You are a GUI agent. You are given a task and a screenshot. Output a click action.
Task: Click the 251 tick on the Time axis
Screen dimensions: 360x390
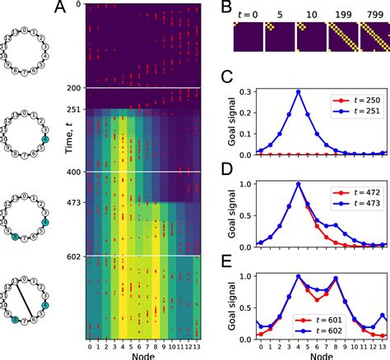point(76,110)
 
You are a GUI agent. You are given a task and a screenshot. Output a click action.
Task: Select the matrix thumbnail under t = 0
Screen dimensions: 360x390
point(245,38)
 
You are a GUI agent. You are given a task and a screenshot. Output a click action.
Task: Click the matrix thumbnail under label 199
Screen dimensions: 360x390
point(337,38)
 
